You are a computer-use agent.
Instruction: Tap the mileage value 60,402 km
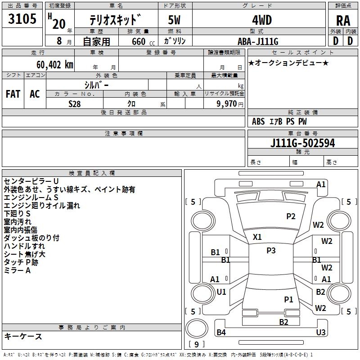[x=50, y=65]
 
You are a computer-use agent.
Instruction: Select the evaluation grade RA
[x=343, y=21]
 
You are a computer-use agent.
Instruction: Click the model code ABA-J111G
[x=258, y=41]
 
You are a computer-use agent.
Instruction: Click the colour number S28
[x=75, y=103]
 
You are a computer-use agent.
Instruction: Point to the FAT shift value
[x=13, y=94]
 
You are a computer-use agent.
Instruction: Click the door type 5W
[x=175, y=21]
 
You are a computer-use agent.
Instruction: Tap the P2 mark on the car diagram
[x=291, y=216]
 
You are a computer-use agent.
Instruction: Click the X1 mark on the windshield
[x=257, y=237]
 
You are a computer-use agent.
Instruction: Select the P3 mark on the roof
[x=271, y=251]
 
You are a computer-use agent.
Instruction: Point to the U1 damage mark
[x=221, y=292]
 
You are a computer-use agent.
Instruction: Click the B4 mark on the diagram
[x=221, y=333]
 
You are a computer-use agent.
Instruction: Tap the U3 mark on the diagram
[x=320, y=332]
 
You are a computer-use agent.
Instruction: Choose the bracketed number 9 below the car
[x=196, y=344]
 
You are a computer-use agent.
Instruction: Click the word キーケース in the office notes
[x=23, y=336]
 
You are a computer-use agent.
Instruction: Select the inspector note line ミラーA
[x=17, y=270]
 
